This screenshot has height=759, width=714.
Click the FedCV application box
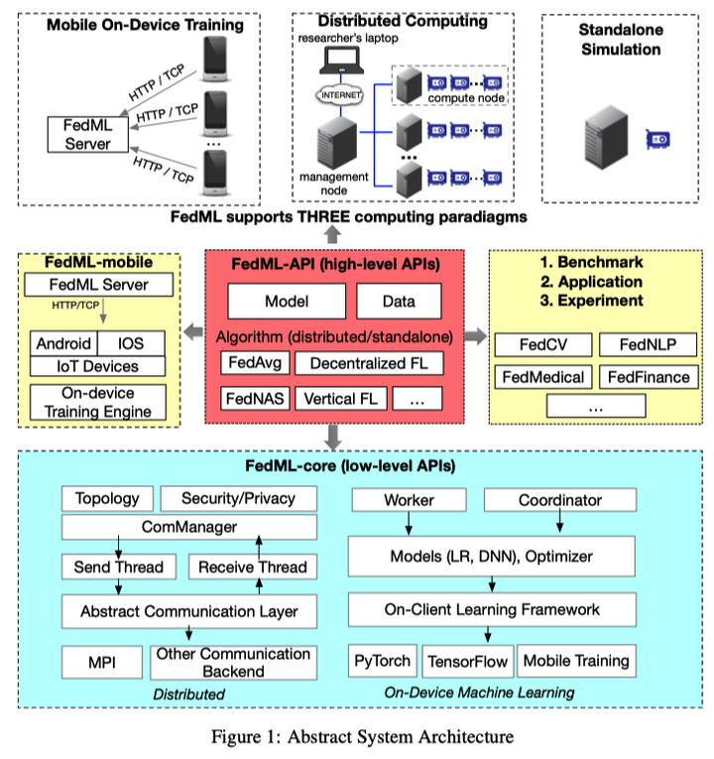click(542, 345)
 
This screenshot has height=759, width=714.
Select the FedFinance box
click(649, 377)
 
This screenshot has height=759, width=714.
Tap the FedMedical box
click(542, 377)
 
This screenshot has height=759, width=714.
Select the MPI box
click(101, 661)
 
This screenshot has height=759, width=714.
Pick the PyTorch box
click(382, 661)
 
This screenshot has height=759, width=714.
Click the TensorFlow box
click(466, 661)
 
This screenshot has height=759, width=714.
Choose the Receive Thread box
click(253, 567)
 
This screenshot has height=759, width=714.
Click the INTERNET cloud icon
click(339, 94)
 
